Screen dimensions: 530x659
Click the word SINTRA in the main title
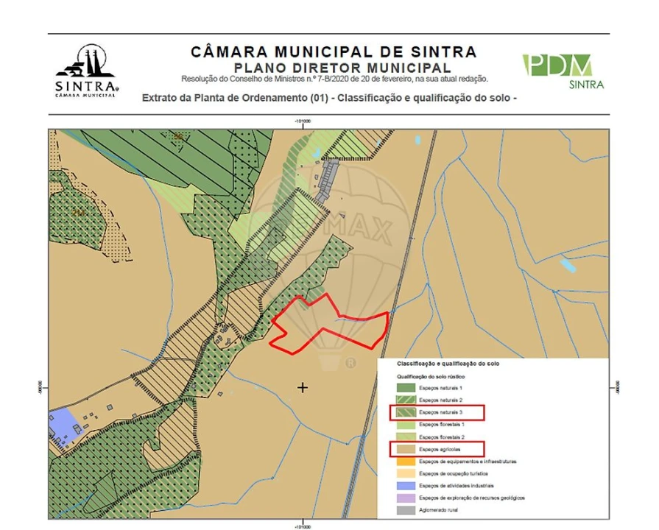click(x=434, y=52)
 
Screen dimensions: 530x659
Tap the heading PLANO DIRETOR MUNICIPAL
click(x=333, y=68)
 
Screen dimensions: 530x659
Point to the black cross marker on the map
click(x=303, y=387)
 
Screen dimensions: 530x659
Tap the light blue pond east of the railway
click(x=568, y=264)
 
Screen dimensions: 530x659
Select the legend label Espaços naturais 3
click(x=441, y=412)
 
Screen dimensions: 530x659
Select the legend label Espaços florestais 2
click(x=441, y=437)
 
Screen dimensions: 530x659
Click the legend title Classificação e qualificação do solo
click(x=448, y=364)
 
